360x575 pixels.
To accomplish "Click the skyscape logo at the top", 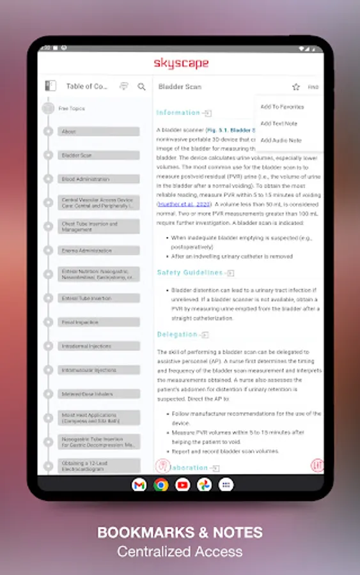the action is point(180,63).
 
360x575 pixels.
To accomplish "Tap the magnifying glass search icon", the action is point(142,86).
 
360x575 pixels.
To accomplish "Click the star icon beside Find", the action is point(295,87).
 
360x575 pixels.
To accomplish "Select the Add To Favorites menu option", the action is point(282,107).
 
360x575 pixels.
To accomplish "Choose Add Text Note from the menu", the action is point(279,123).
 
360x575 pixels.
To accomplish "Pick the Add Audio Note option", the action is point(281,140).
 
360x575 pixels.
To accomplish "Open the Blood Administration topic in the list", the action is point(99,179).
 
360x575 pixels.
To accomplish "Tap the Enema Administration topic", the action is point(99,250).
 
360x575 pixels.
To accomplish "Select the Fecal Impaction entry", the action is point(99,322).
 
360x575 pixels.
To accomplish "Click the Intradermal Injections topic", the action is point(99,346).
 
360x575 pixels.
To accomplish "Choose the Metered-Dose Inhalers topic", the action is point(99,394).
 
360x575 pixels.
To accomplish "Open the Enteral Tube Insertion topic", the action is point(99,298).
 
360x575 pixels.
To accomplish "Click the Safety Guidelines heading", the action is point(190,273).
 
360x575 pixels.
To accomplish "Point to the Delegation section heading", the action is point(177,334).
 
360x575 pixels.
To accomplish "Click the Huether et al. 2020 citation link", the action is point(175,204).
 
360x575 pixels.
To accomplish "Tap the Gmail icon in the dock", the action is point(139,485).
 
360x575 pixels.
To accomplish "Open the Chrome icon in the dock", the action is point(160,485).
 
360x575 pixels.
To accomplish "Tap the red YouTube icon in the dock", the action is point(182,485).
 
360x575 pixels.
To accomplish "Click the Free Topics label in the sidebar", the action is point(72,109).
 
